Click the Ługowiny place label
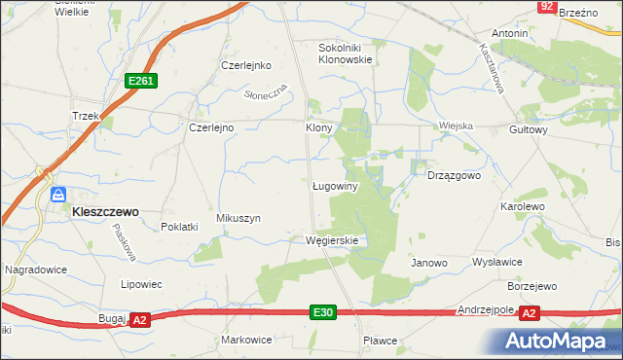coord(336,186)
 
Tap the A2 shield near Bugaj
coord(139,319)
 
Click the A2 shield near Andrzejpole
coord(529,312)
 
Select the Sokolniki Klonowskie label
coord(347,53)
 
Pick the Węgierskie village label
coord(332,240)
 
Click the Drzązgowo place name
coord(455,176)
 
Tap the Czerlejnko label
coord(244,66)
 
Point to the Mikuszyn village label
coord(238,219)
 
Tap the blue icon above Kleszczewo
coord(58,194)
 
